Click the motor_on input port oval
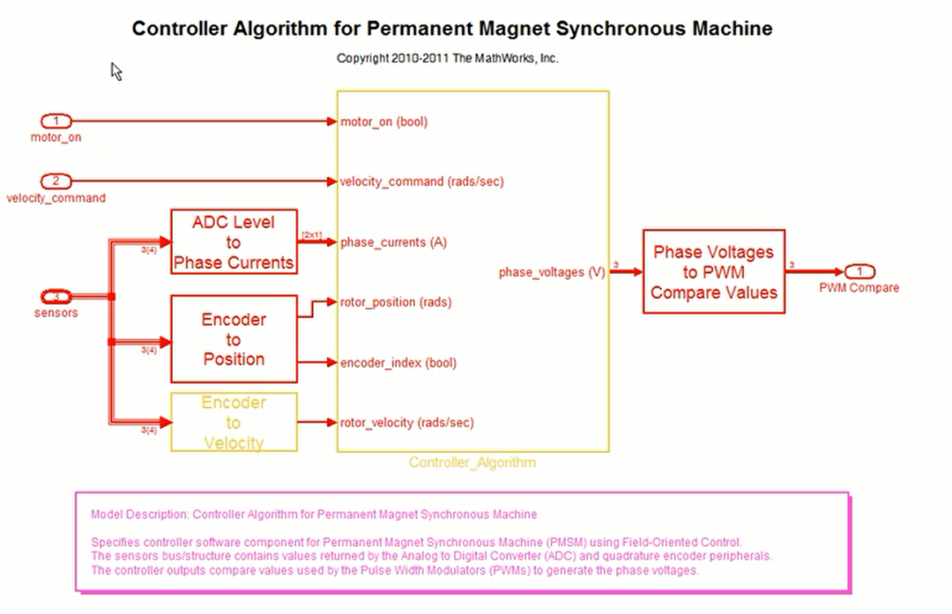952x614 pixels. pyautogui.click(x=56, y=122)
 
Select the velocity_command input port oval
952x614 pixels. pyautogui.click(x=56, y=181)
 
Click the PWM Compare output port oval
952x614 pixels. pyautogui.click(x=859, y=271)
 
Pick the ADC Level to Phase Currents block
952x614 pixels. pyautogui.click(x=234, y=242)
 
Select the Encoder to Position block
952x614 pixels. pyautogui.click(x=234, y=339)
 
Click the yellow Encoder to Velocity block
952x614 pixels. pyautogui.click(x=234, y=423)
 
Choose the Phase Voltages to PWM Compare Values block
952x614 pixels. pyautogui.click(x=714, y=271)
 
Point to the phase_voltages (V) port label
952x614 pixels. pyautogui.click(x=552, y=272)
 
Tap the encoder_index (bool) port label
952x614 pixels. pyautogui.click(x=398, y=362)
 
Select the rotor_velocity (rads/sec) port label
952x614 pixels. pyautogui.click(x=407, y=423)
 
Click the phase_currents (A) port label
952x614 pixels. pyautogui.click(x=393, y=242)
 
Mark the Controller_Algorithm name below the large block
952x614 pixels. pyautogui.click(x=472, y=462)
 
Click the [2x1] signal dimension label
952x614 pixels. pyautogui.click(x=312, y=234)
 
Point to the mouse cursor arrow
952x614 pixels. pyautogui.click(x=115, y=70)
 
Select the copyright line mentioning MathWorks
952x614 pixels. pyautogui.click(x=448, y=58)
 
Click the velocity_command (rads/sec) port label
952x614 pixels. pyautogui.click(x=422, y=181)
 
